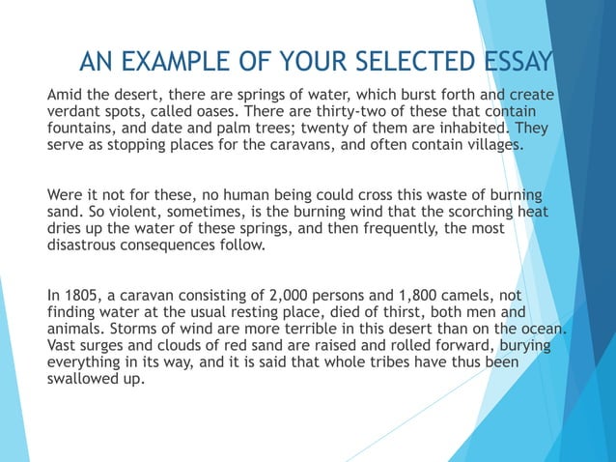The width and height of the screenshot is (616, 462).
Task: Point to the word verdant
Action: pyautogui.click(x=76, y=113)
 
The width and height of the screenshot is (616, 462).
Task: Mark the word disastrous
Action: pyautogui.click(x=90, y=244)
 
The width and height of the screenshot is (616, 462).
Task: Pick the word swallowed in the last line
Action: pyautogui.click(x=85, y=378)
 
